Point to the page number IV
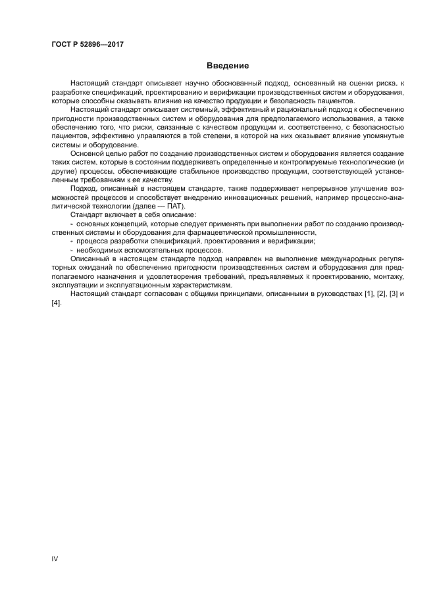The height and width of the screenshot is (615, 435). coord(55,558)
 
